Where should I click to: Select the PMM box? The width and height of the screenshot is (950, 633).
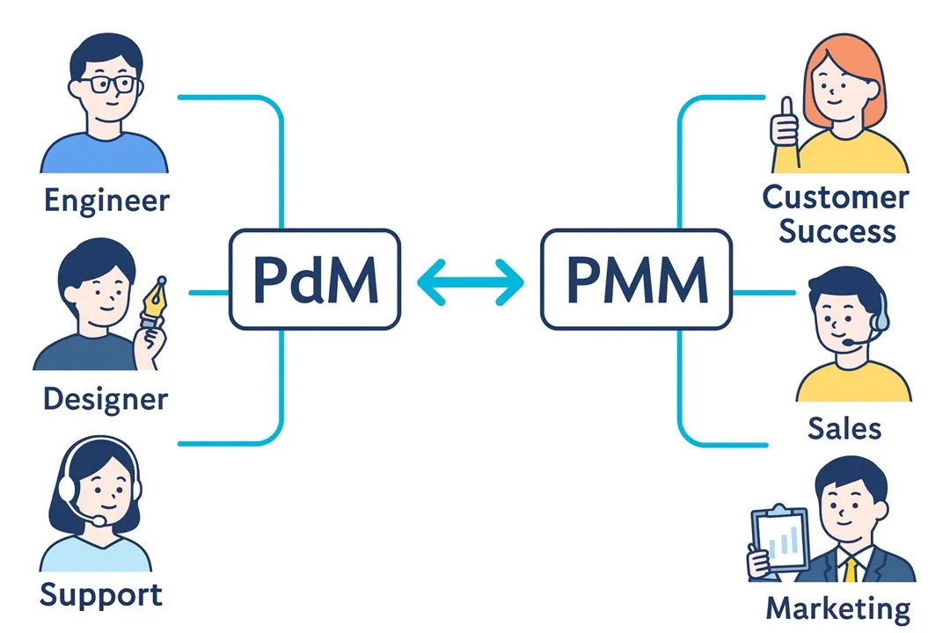pos(636,279)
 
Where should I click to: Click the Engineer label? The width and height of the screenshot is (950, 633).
pos(106,200)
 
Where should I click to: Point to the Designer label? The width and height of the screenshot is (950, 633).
pos(105,399)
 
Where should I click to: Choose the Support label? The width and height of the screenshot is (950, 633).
pos(101,594)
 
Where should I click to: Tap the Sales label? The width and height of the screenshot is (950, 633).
pos(844,428)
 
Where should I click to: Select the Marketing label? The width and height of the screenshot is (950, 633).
pos(837,608)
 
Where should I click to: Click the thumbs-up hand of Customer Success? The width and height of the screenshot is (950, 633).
pos(783,132)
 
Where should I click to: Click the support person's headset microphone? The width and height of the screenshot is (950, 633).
pos(99,520)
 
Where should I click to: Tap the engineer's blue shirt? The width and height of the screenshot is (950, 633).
pos(103,153)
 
